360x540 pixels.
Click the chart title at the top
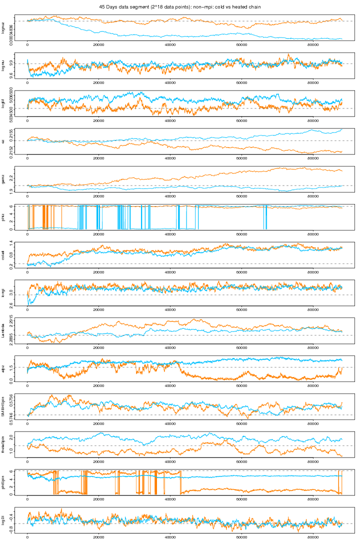tap(180, 7)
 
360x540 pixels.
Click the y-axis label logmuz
tap(3, 28)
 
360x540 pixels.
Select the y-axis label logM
tap(3, 103)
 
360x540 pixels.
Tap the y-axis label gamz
tap(3, 179)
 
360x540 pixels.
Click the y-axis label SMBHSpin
tap(3, 406)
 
